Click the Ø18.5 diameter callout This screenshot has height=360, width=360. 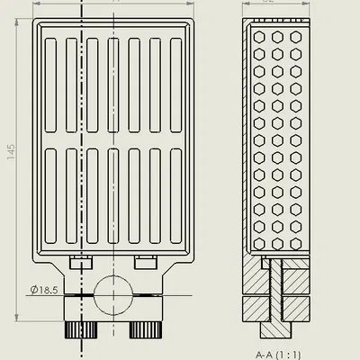coord(43,290)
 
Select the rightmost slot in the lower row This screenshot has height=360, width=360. coord(175,195)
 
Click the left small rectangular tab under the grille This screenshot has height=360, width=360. coord(80,261)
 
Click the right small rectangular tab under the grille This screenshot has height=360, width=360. coord(145,261)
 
